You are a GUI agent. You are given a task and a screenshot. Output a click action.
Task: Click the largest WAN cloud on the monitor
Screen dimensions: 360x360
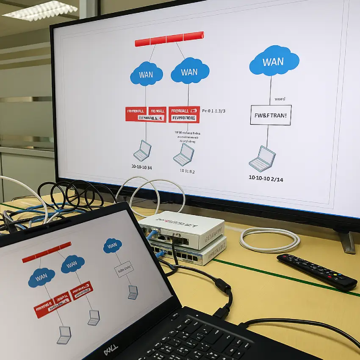(274, 61)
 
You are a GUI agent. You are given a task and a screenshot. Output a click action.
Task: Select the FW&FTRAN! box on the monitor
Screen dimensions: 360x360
(271, 115)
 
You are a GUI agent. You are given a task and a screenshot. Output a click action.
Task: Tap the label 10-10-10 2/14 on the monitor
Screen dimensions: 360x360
(266, 179)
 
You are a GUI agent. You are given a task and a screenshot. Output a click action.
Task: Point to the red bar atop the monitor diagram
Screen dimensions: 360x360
(169, 39)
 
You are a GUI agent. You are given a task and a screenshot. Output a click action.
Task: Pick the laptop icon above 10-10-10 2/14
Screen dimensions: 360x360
(262, 158)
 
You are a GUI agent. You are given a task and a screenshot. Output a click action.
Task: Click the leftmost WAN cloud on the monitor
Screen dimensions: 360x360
(146, 75)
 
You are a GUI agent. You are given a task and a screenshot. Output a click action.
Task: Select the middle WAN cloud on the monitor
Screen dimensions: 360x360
(190, 72)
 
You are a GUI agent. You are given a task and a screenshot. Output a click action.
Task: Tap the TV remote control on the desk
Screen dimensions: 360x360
(316, 271)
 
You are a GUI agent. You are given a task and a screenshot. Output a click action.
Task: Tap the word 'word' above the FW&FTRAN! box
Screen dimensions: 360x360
(280, 99)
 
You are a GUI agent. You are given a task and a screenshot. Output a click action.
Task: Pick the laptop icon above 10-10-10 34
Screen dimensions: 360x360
(142, 151)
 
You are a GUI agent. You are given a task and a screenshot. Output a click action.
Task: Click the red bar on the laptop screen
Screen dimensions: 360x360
(46, 252)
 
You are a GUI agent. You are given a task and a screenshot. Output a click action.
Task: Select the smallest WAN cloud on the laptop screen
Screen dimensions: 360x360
(112, 245)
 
